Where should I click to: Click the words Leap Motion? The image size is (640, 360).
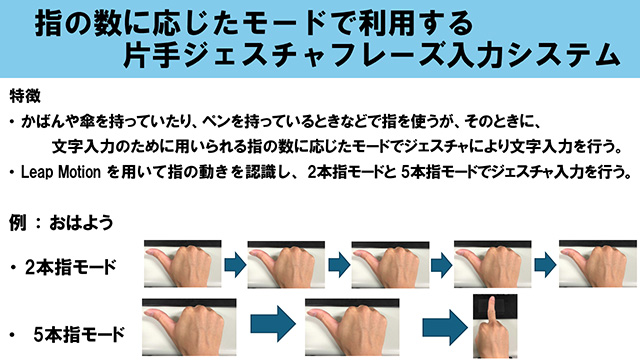pos(61,172)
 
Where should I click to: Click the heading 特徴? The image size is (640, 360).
pos(25,96)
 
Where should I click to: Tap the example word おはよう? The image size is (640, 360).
pos(81,223)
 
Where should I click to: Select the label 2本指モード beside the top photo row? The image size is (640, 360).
pos(70,267)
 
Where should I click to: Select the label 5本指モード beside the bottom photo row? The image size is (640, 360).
pos(79,335)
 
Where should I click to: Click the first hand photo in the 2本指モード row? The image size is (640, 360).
pos(182,264)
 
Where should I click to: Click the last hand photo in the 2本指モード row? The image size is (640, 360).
pos(598,264)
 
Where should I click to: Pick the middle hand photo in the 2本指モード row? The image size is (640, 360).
pos(390,264)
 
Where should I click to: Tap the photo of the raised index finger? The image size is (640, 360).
pos(495,326)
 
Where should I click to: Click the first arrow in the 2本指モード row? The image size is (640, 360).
pos(235,265)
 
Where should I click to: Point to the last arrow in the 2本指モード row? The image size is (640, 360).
pos(545,265)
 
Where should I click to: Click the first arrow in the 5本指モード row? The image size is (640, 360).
pos(273,324)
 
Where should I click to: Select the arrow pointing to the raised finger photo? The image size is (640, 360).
pos(445,327)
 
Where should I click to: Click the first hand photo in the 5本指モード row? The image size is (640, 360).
pos(189,327)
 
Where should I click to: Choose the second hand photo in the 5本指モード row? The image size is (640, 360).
pos(352,327)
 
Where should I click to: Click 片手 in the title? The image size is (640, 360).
pos(152,55)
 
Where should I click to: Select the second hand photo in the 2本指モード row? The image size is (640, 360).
pos(286,264)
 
